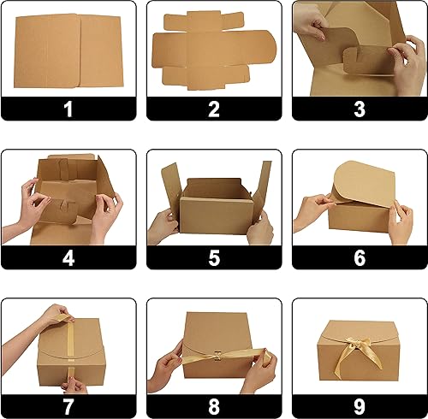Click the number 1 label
point(68,109)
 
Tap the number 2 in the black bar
point(214,109)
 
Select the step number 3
point(360,109)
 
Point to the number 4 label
point(68,257)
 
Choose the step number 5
point(214,257)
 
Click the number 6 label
point(360,257)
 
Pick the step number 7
point(68,404)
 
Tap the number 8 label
point(214,404)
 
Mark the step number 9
point(360,404)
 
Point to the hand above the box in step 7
point(56,315)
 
